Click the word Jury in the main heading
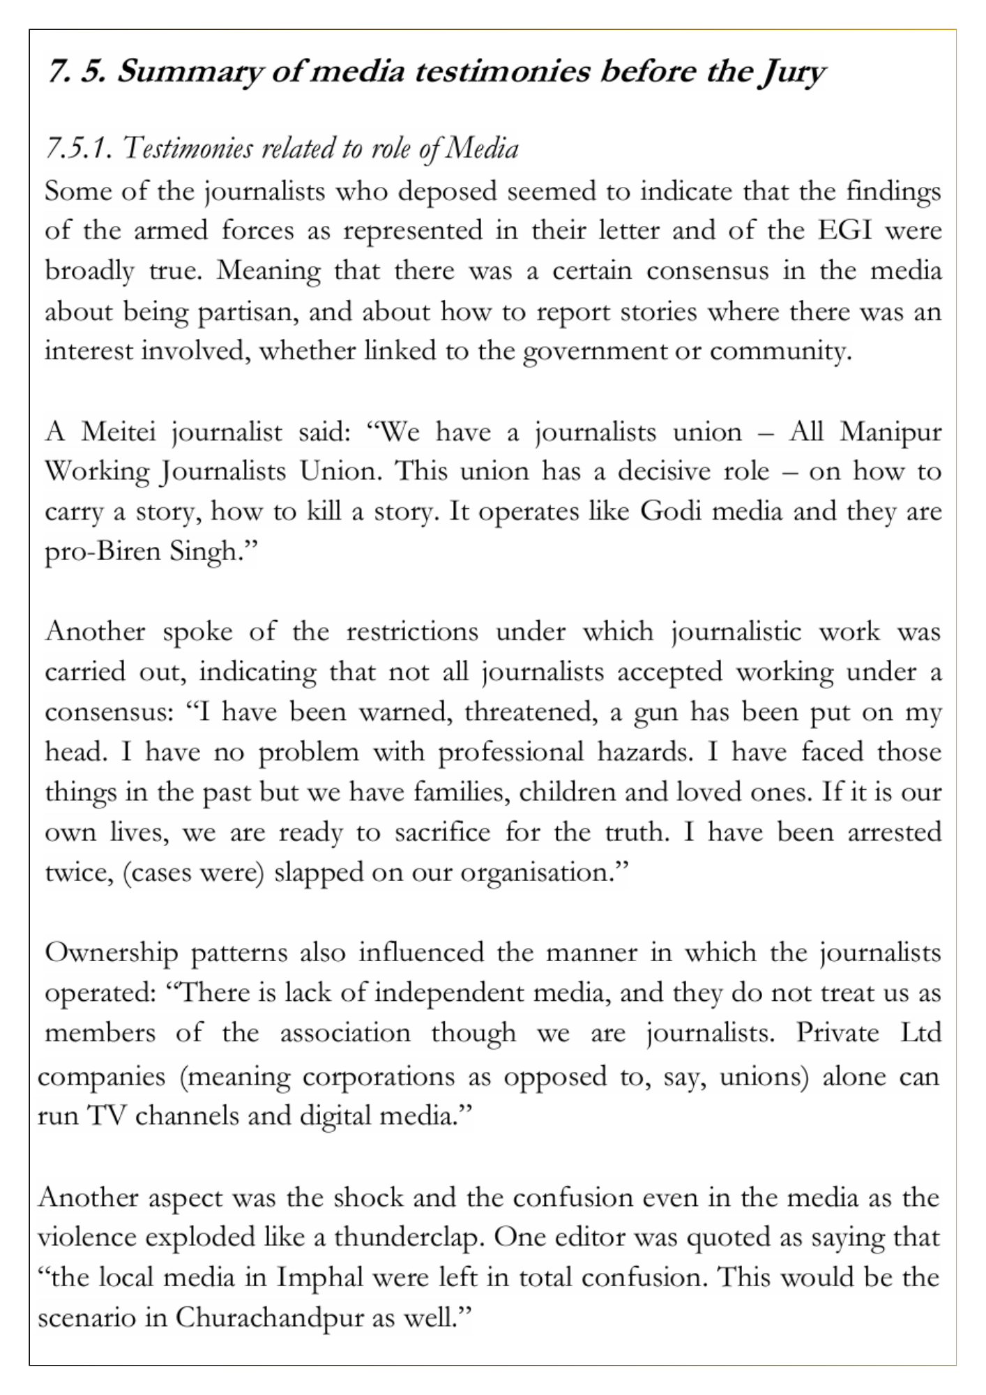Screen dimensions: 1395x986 [x=791, y=71]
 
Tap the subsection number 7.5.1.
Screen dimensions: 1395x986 [x=79, y=149]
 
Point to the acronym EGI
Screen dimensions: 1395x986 [x=846, y=230]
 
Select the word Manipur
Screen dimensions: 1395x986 [x=890, y=432]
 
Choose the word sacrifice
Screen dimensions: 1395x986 [x=442, y=833]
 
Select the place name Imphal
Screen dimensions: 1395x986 [x=320, y=1278]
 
